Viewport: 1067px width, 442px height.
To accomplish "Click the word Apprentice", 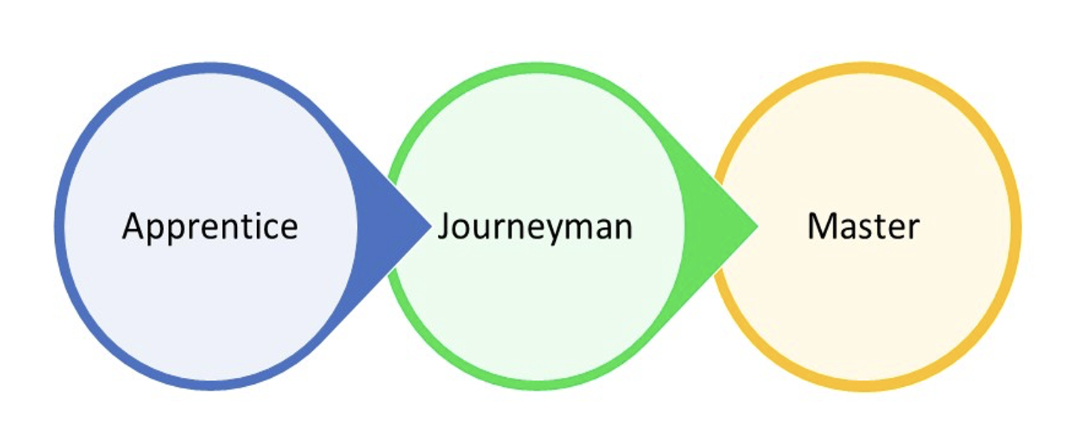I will [x=209, y=226].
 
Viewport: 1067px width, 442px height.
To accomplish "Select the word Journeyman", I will [x=535, y=226].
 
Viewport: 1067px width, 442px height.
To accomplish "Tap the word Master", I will [x=863, y=226].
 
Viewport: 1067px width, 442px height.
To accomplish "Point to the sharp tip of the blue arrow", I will [x=430, y=224].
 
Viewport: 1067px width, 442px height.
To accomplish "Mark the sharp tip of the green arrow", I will [x=756, y=224].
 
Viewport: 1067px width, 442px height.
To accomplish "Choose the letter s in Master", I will [x=861, y=228].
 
